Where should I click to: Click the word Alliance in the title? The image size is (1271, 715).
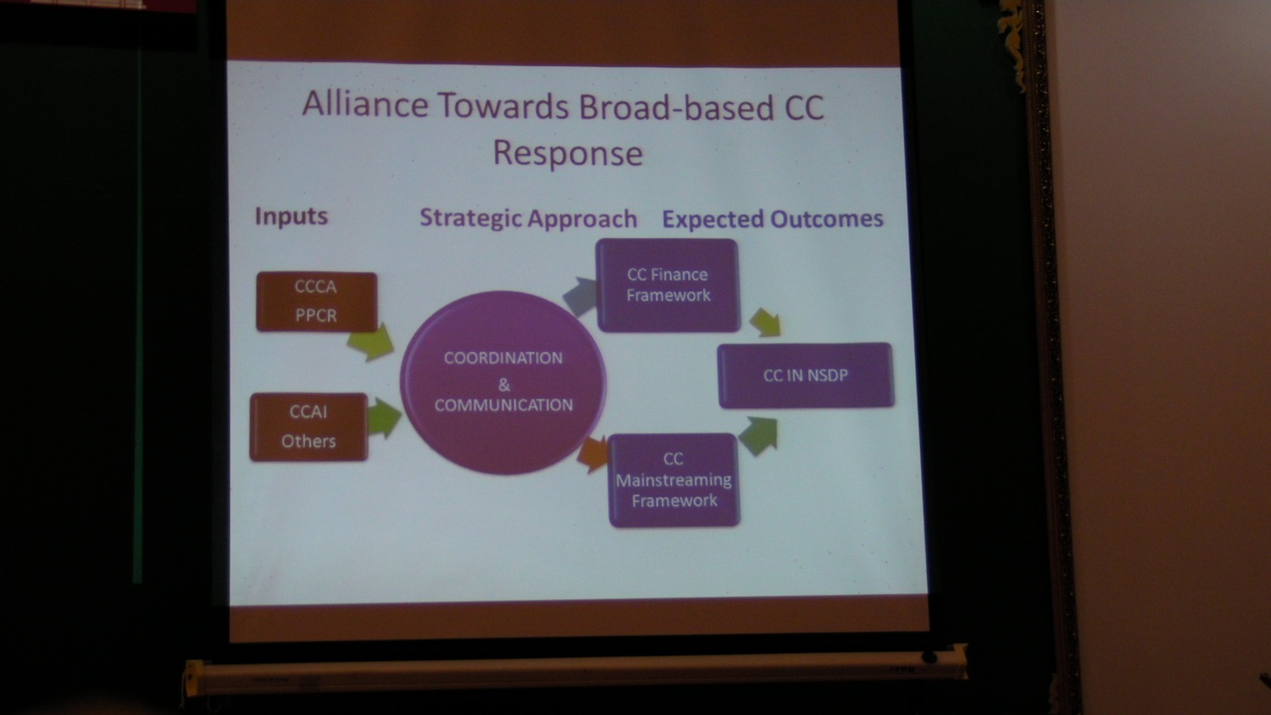tap(365, 104)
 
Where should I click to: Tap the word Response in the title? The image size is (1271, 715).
tap(568, 153)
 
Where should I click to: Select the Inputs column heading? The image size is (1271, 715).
tap(291, 216)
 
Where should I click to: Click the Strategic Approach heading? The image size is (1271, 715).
tap(528, 219)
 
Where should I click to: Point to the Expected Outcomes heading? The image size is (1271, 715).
tap(772, 219)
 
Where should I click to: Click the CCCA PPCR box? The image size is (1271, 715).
tap(317, 302)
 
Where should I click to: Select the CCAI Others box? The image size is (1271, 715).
tap(308, 427)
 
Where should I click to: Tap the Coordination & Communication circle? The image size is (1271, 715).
tap(502, 382)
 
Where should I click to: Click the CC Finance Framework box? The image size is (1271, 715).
tap(668, 285)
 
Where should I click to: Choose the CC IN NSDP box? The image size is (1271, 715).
tap(806, 375)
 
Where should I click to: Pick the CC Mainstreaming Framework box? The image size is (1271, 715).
tap(674, 480)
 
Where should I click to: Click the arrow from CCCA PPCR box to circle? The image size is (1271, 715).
tap(372, 342)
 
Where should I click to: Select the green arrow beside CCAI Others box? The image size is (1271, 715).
tap(384, 418)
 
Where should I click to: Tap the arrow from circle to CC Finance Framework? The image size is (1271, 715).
tap(580, 296)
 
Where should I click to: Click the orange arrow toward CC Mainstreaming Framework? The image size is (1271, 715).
tap(592, 454)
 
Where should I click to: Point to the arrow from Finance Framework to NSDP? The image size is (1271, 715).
tap(765, 323)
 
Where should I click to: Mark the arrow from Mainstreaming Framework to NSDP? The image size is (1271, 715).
tap(758, 435)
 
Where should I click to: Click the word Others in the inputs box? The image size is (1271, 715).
tap(308, 441)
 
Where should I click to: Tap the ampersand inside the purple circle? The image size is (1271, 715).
tap(504, 385)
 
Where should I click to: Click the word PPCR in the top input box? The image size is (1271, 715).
tap(316, 315)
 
